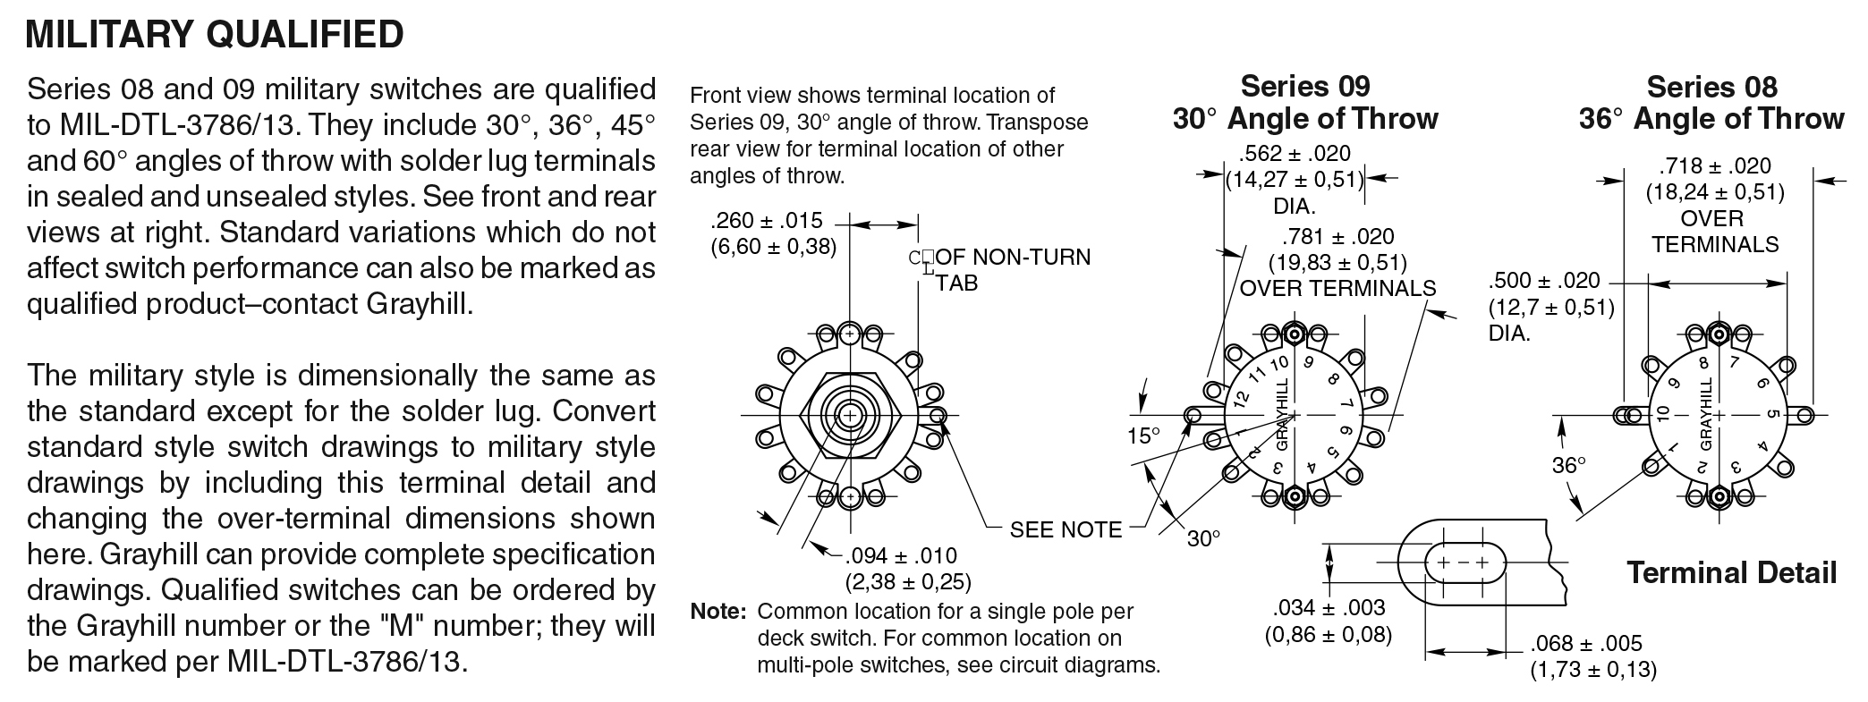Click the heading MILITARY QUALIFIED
coord(215,34)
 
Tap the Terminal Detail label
coord(1731,572)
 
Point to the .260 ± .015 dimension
coord(767,221)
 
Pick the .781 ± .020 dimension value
coord(1338,237)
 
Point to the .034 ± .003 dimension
coord(1329,608)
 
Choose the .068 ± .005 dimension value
coord(1586,644)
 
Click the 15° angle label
coord(1142,436)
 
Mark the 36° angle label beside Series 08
coord(1568,464)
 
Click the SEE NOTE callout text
coord(1066,529)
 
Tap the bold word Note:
coord(717,612)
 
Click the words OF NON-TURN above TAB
coord(1013,258)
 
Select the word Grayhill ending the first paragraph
coord(417,304)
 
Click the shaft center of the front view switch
coord(849,415)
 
